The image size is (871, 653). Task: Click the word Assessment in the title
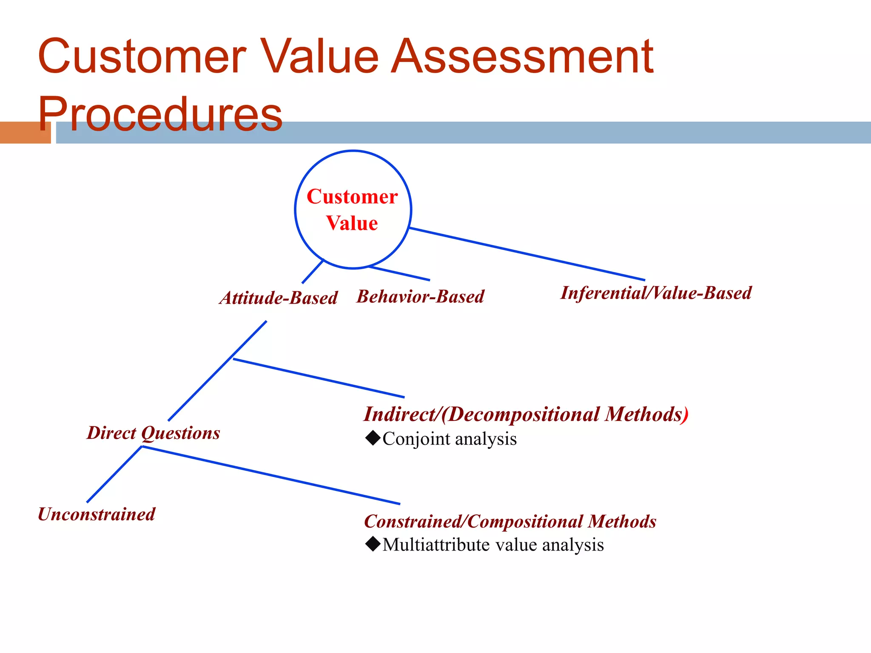pyautogui.click(x=522, y=57)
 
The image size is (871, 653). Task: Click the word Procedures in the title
pyautogui.click(x=160, y=114)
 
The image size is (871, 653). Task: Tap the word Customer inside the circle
pyautogui.click(x=352, y=197)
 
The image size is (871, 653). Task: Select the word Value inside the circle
pyautogui.click(x=352, y=223)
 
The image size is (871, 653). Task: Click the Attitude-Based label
pyautogui.click(x=279, y=298)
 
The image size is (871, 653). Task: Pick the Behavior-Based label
pyautogui.click(x=420, y=296)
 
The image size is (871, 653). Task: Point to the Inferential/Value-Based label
pyautogui.click(x=656, y=293)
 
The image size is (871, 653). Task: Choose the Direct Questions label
pyautogui.click(x=154, y=433)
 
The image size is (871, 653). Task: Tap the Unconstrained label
pyautogui.click(x=97, y=514)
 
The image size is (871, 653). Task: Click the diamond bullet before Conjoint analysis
pyautogui.click(x=373, y=438)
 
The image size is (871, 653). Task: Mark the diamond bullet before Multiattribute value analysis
pyautogui.click(x=373, y=544)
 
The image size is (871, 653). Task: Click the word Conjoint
pyautogui.click(x=416, y=439)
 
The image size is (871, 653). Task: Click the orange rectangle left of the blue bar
pyautogui.click(x=25, y=132)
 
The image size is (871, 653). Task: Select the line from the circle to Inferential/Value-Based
pyautogui.click(x=527, y=254)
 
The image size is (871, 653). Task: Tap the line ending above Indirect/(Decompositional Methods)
pyautogui.click(x=319, y=378)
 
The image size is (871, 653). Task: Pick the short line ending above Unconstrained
pyautogui.click(x=114, y=474)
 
